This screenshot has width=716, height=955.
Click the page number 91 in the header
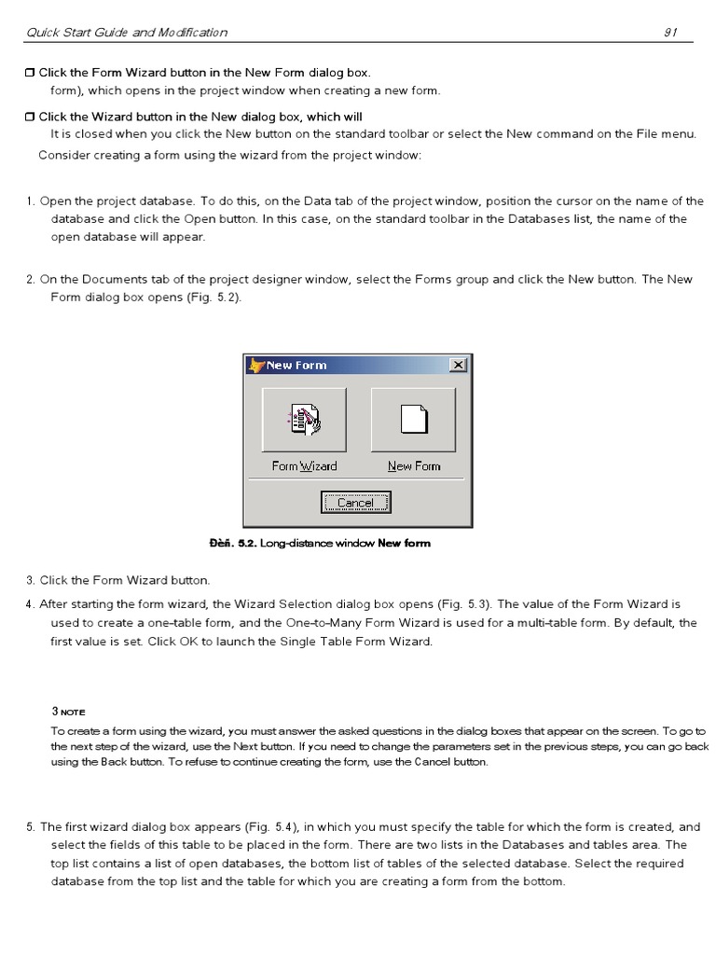(x=669, y=33)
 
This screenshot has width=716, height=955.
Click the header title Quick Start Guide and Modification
(x=127, y=33)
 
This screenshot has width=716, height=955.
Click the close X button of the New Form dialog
(x=457, y=366)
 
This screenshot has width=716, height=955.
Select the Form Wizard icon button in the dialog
(x=304, y=420)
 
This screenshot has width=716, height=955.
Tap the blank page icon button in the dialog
(x=413, y=420)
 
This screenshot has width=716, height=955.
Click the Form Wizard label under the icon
(x=304, y=466)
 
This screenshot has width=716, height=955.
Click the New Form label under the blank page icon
(x=414, y=466)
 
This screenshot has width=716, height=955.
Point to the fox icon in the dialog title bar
(x=255, y=366)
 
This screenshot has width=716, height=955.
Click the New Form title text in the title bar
(x=296, y=366)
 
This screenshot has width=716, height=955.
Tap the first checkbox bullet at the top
(x=30, y=73)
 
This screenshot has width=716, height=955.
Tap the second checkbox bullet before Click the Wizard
(x=30, y=118)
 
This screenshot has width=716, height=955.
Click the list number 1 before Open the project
(x=31, y=201)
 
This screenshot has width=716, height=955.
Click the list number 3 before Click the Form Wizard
(x=31, y=581)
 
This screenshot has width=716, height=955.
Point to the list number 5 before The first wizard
(x=31, y=827)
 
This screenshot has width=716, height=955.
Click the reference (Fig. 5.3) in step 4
(x=469, y=604)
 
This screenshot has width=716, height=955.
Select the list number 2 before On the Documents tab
(x=31, y=280)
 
